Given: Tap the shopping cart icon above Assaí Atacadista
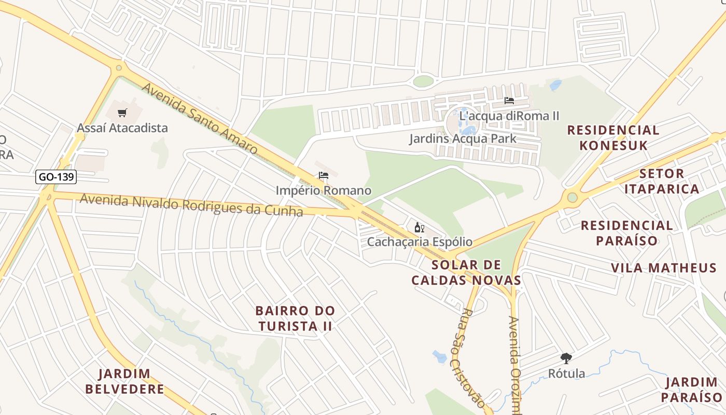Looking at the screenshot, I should pos(122,113).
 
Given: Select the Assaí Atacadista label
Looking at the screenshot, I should pos(122,128).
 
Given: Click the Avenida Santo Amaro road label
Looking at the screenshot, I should pos(200,119).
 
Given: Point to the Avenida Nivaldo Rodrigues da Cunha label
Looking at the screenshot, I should pos(191,204).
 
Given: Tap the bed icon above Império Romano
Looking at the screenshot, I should pos(324,176).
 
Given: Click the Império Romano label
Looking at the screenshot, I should pos(324,190).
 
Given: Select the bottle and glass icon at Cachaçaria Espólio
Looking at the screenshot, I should pos(420,227).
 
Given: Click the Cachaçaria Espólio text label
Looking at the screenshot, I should pos(420,242).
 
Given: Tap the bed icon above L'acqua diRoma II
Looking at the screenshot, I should pos(509,101).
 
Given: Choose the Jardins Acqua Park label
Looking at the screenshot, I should pos(463,139).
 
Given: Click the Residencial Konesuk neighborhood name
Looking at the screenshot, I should pos(613,137).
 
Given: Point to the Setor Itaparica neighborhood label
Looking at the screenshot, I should pos(662,181).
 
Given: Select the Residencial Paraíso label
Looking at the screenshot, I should pos(626,233).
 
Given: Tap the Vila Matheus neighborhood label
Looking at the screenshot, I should pos(663,268).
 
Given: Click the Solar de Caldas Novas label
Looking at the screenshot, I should pos(466,273).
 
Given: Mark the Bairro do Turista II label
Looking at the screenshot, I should pos(295,319).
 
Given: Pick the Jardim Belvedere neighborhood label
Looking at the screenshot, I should pos(124,381).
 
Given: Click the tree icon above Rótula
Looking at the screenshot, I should pos(566,358).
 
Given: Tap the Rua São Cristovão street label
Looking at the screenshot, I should pos(472,358).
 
